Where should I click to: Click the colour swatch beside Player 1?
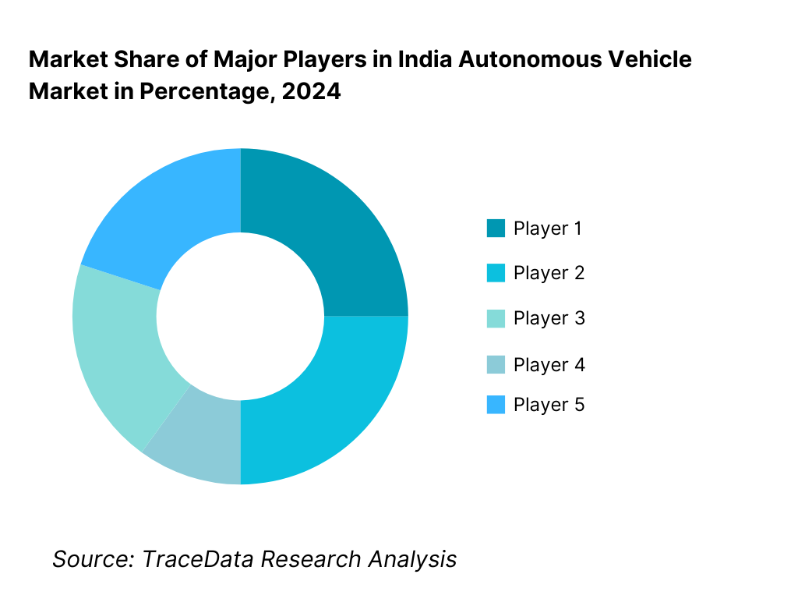coord(496,229)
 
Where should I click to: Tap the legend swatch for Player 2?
coord(496,273)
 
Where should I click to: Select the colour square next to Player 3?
coord(496,318)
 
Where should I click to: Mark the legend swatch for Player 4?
coord(496,364)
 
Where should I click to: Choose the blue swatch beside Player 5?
coord(496,405)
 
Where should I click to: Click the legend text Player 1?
coord(548,229)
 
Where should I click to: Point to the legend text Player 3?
coord(549,318)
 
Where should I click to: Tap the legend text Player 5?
coord(549,405)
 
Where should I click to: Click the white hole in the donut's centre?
coord(240,316)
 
